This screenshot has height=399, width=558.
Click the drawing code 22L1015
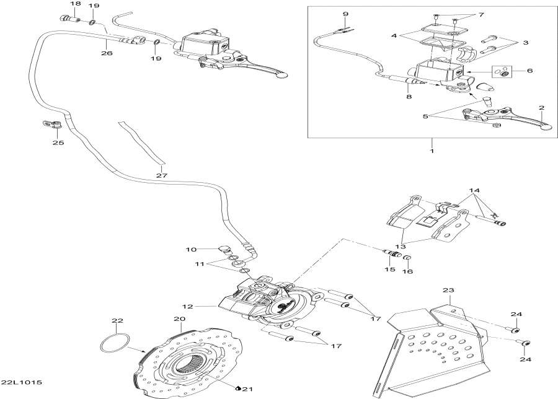[x=22, y=382]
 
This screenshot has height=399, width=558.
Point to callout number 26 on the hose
[x=107, y=54]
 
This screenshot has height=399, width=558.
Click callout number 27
[x=161, y=176]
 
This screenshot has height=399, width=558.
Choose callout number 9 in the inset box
[x=345, y=14]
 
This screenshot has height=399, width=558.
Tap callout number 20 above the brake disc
[x=179, y=320]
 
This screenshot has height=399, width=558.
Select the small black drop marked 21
[x=239, y=387]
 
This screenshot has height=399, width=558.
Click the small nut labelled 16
[x=408, y=259]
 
